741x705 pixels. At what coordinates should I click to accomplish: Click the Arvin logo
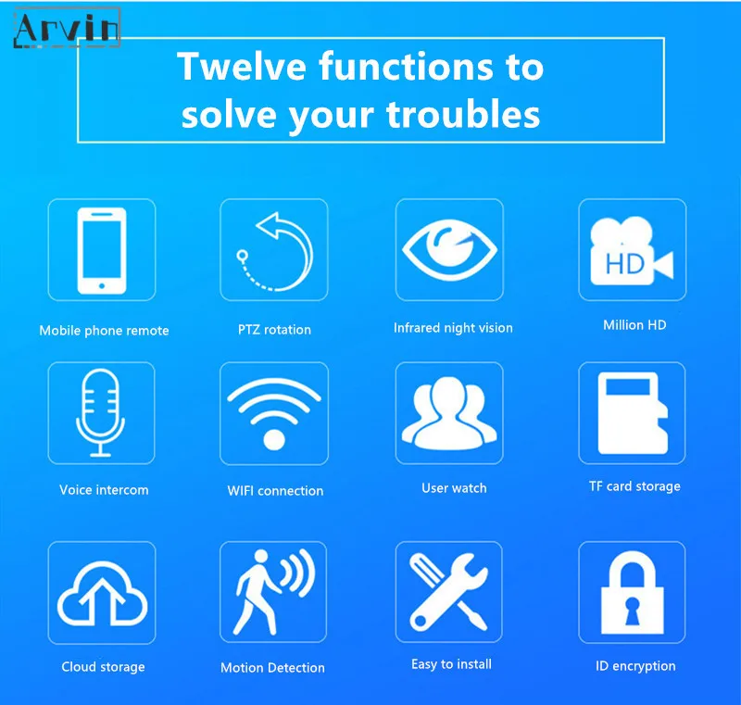[x=67, y=28]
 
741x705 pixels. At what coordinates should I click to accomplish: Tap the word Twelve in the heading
[x=242, y=66]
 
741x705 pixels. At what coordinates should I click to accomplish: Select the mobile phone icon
[x=102, y=250]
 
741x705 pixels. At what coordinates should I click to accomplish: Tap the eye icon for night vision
[x=449, y=249]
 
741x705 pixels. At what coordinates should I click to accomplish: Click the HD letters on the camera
[x=624, y=264]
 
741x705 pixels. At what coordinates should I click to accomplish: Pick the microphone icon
[x=101, y=412]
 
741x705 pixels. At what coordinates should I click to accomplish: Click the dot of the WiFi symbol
[x=273, y=439]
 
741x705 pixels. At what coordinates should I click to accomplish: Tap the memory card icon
[x=633, y=412]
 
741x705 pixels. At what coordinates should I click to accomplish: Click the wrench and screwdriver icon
[x=448, y=592]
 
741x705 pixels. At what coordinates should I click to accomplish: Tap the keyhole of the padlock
[x=632, y=610]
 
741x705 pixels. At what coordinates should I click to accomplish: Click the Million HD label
[x=634, y=325]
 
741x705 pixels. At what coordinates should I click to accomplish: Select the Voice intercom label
[x=104, y=490]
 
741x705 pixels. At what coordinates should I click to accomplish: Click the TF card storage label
[x=634, y=486]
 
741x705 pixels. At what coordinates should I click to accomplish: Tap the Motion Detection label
[x=272, y=668]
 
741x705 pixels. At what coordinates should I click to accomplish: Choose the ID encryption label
[x=635, y=666]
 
